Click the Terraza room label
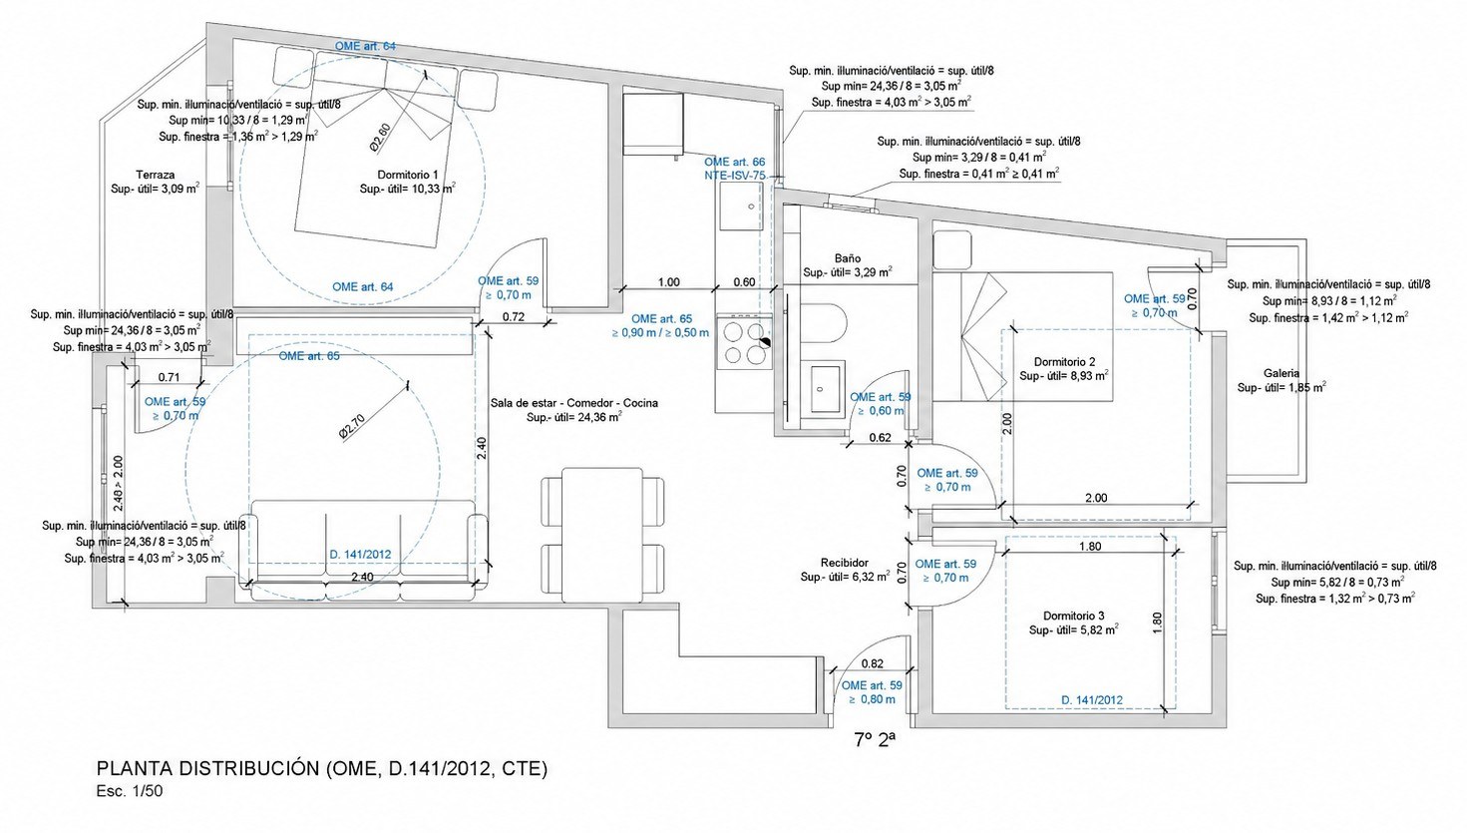point(156,175)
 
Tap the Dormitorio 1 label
point(407,175)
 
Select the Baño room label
point(848,258)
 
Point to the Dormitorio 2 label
point(1064,361)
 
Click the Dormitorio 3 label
point(1073,616)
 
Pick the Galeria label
point(1282,373)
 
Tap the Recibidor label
point(844,563)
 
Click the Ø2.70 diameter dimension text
point(352,426)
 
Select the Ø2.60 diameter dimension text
point(380,139)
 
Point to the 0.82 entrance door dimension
point(873,663)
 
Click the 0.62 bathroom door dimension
point(881,438)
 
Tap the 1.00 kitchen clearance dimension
point(668,282)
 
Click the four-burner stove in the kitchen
point(745,342)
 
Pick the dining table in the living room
point(602,535)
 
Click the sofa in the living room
point(363,550)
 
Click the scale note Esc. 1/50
point(129,791)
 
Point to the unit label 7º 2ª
point(875,740)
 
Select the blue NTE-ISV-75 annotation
point(735,175)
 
